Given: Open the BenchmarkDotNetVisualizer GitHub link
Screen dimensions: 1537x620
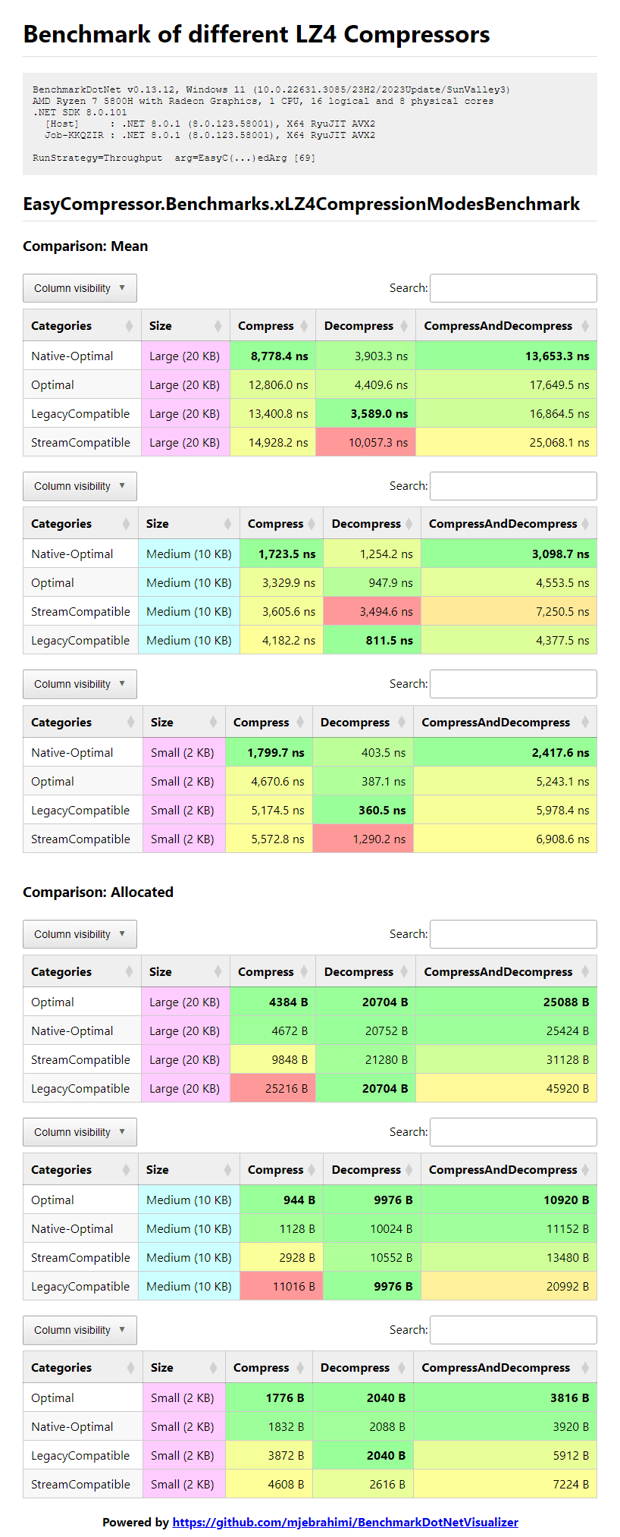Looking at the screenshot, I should point(345,1522).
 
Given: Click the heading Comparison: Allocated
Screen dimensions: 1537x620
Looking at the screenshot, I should point(98,892).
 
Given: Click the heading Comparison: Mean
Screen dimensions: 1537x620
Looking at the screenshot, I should point(85,246).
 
